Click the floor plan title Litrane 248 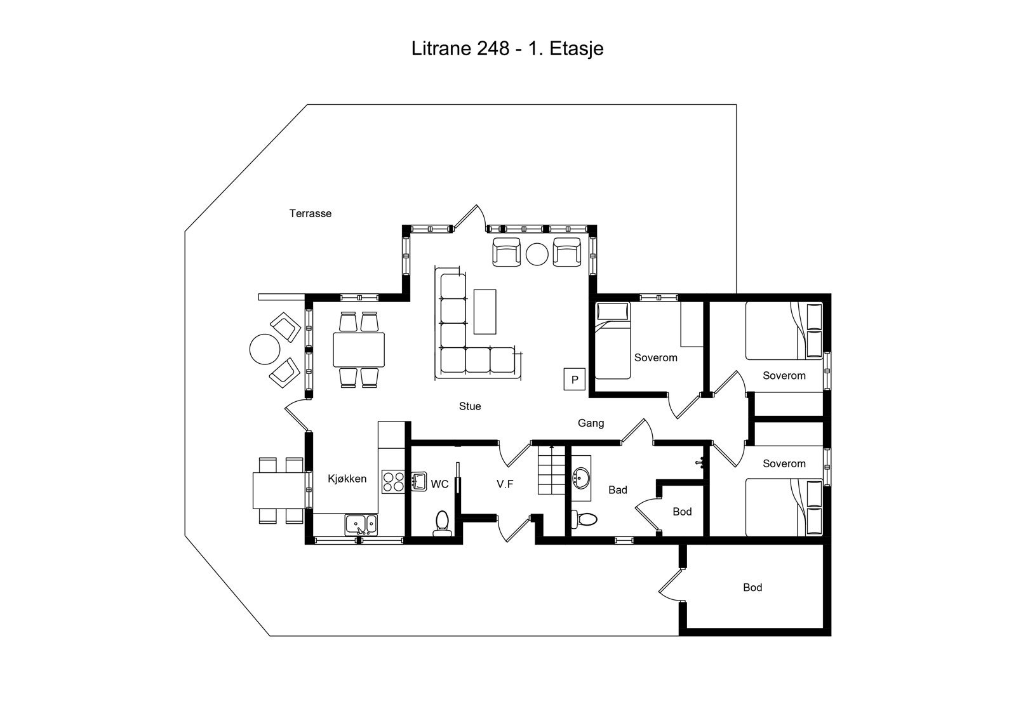(460, 48)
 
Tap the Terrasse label (311, 213)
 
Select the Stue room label (470, 406)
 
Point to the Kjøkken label (347, 479)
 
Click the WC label (439, 484)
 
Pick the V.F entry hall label (505, 484)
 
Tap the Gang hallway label (591, 423)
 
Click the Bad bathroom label (618, 490)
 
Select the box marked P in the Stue (575, 379)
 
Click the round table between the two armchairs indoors (537, 255)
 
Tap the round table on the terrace (265, 349)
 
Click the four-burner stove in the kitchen (393, 481)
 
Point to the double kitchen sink (361, 525)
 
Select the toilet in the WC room (442, 523)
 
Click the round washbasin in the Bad (581, 478)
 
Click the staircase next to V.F (552, 470)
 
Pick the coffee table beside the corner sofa (485, 312)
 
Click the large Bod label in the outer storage (752, 587)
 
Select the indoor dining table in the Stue (359, 350)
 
